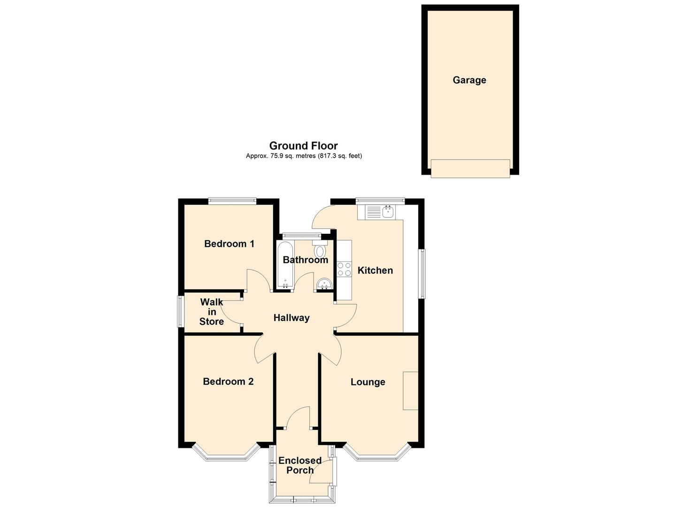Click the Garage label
[469, 80]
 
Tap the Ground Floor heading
[303, 146]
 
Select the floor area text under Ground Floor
[304, 156]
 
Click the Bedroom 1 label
[229, 244]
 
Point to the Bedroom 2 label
[228, 382]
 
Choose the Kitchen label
[375, 270]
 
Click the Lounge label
[368, 382]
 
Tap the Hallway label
[291, 318]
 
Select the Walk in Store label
[211, 312]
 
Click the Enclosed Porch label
[300, 465]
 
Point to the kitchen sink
[388, 212]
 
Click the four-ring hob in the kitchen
[344, 269]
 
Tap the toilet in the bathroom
[320, 250]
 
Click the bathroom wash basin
[324, 284]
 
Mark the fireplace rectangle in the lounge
[410, 391]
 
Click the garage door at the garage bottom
[470, 169]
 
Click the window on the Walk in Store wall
[180, 311]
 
